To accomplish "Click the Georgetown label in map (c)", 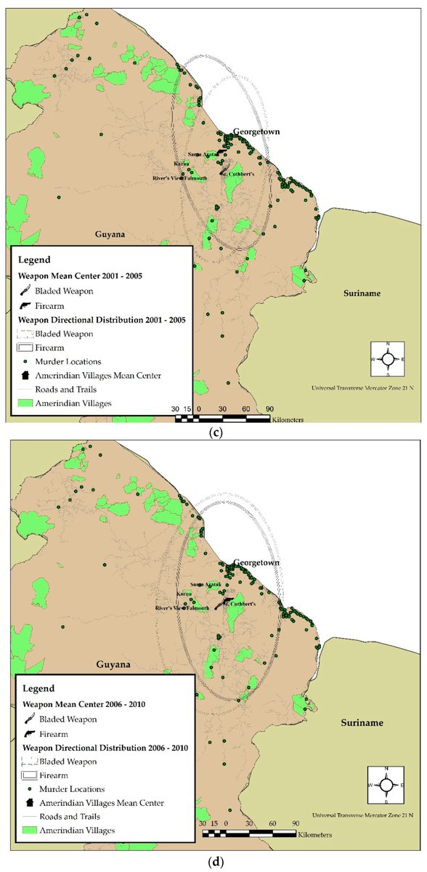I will pos(256,132).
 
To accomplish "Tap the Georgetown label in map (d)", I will pos(256,563).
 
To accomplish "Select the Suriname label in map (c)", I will pos(363,293).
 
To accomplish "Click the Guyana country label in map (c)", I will pos(112,235).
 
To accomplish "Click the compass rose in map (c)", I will pos(388,359).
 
